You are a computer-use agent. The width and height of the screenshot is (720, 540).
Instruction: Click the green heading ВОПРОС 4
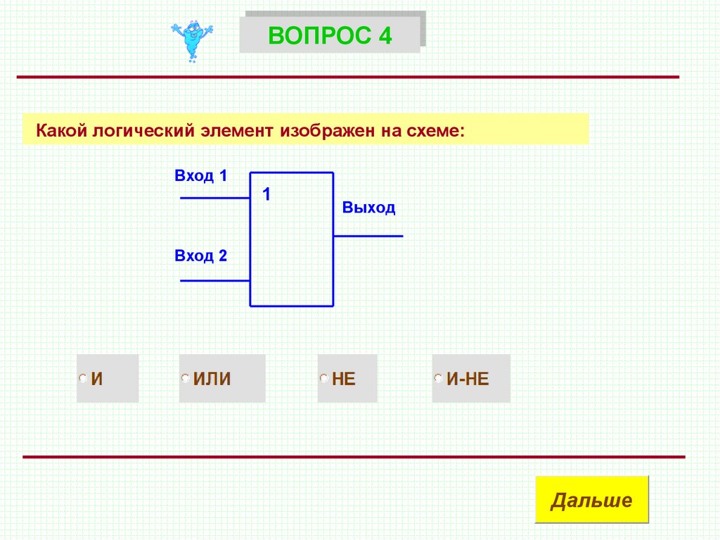(x=330, y=34)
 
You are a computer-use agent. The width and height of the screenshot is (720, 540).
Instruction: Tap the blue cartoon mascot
(x=191, y=40)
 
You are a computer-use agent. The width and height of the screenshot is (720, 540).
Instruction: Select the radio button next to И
(x=83, y=379)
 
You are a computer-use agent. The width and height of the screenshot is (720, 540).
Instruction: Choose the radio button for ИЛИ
(x=185, y=379)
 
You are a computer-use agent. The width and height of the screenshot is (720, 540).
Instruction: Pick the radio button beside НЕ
(x=323, y=379)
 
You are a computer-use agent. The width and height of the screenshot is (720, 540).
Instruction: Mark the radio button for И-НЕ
(x=438, y=379)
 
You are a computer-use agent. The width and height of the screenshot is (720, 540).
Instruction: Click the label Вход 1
(x=201, y=176)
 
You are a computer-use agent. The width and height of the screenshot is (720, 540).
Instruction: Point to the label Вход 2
(x=201, y=256)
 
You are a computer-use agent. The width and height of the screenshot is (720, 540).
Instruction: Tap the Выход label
(x=368, y=208)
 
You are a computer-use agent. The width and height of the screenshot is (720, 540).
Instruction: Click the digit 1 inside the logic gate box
(x=266, y=194)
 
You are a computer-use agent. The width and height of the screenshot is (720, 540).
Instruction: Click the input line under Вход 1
(x=215, y=199)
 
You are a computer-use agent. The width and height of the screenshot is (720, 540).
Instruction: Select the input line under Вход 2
(x=215, y=280)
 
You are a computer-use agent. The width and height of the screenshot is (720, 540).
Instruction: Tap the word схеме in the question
(x=437, y=130)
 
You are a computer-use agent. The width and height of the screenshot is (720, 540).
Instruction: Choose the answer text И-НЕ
(x=468, y=379)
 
